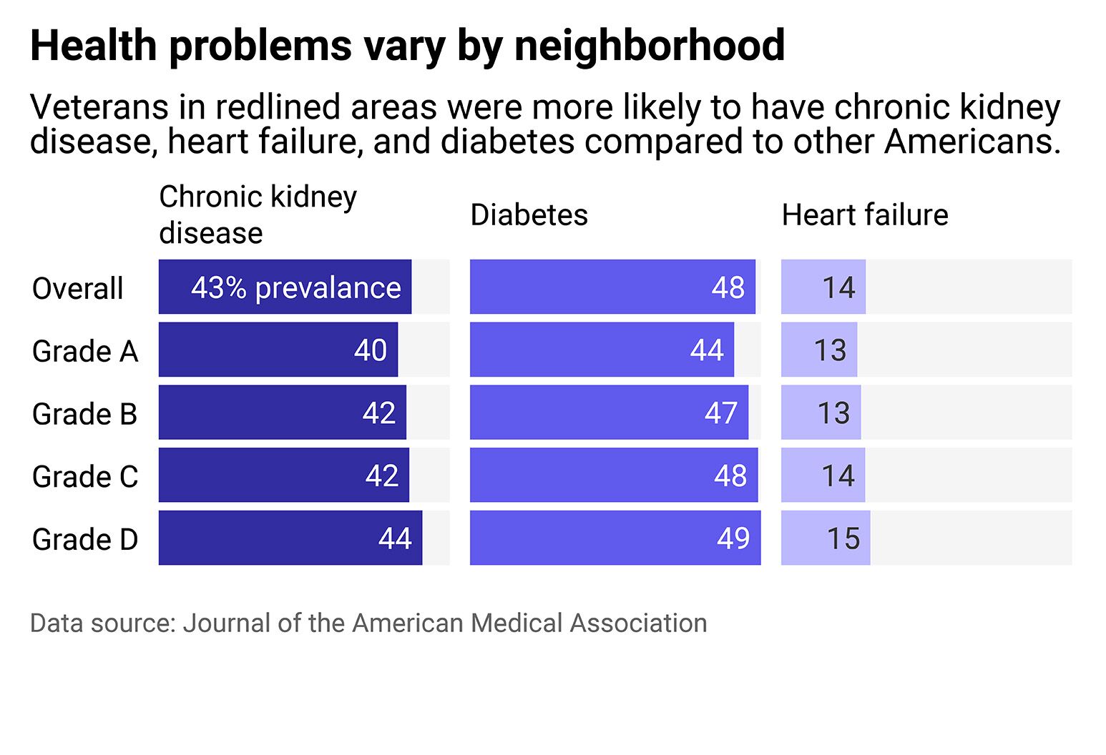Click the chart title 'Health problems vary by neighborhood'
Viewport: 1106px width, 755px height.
click(x=407, y=46)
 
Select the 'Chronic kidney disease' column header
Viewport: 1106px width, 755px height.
click(x=258, y=214)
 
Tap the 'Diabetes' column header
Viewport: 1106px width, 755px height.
click(x=529, y=215)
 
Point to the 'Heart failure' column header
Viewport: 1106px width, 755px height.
click(x=864, y=215)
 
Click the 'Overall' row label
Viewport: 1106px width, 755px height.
click(x=77, y=289)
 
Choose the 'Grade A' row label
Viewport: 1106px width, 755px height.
click(x=84, y=352)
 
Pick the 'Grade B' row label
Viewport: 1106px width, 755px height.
click(x=84, y=414)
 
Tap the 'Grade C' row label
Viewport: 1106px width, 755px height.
click(x=84, y=477)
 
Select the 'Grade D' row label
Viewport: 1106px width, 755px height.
click(x=84, y=540)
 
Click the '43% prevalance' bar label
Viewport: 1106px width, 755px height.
click(x=295, y=288)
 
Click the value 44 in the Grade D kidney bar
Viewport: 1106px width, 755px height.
click(x=395, y=538)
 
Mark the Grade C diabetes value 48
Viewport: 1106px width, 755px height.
click(x=730, y=475)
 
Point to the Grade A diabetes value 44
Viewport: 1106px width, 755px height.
click(x=707, y=350)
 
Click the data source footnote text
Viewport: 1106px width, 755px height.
click(x=368, y=623)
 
